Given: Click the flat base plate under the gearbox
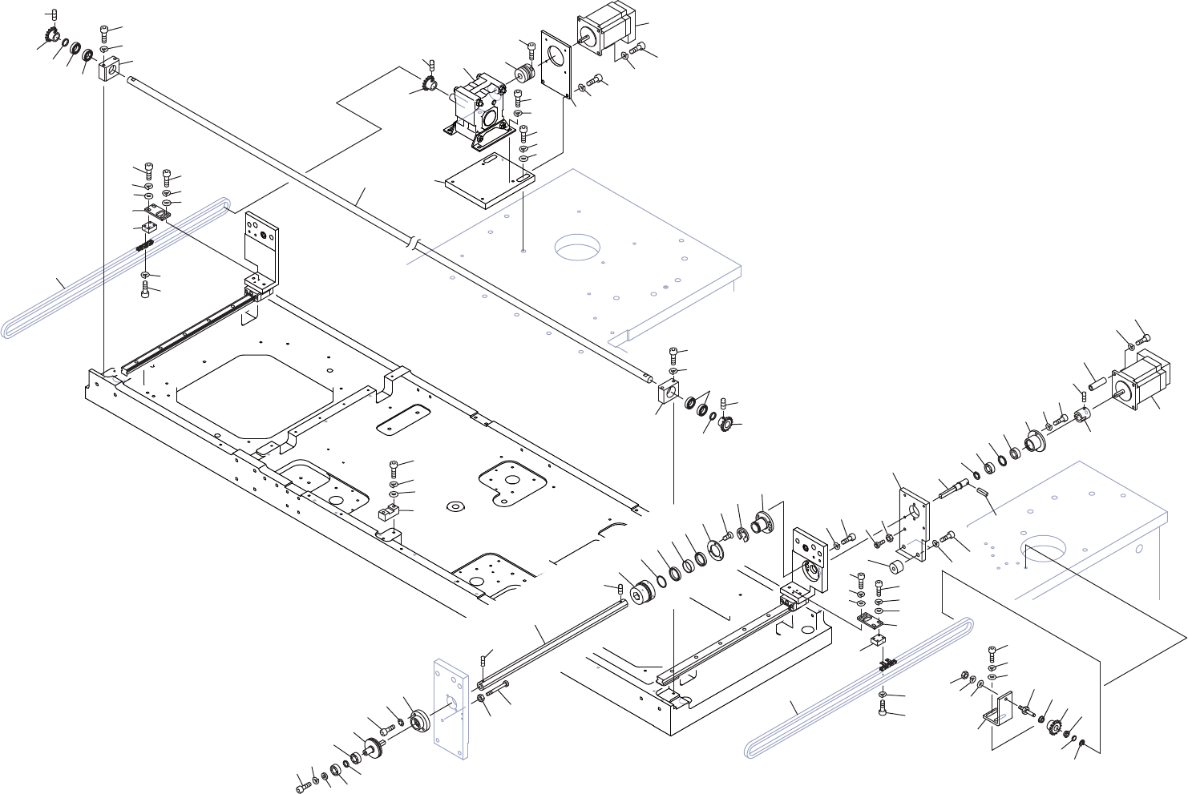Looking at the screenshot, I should tap(489, 179).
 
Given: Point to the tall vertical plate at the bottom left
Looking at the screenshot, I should tap(449, 705).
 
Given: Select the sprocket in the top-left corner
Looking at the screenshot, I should tap(50, 37).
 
